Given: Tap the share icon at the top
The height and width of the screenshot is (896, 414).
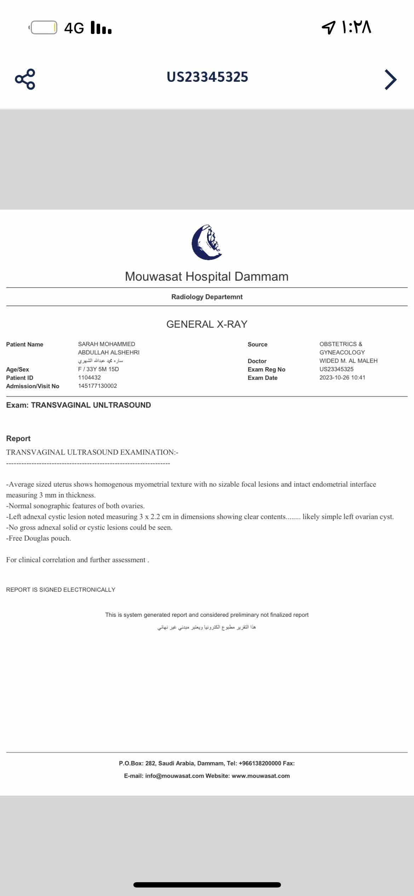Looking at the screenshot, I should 25,79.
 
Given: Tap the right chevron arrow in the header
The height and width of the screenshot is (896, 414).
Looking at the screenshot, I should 390,79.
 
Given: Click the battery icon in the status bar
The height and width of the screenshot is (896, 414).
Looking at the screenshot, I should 44,28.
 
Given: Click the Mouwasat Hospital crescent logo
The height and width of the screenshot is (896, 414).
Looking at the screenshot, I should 207,242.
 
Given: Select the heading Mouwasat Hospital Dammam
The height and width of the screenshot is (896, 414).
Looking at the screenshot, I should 207,276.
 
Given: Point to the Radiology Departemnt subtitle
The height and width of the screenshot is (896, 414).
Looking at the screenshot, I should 207,297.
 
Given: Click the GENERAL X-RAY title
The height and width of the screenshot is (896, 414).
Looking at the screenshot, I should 207,324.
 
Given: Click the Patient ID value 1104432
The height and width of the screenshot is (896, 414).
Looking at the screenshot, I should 89,378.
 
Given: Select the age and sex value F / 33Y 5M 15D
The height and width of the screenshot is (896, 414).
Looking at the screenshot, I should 98,369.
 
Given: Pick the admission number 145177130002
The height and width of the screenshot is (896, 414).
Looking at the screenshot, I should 97,386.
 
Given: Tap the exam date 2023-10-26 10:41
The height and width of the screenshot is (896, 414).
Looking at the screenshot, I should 342,378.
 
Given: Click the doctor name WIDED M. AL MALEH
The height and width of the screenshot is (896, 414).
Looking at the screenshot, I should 348,361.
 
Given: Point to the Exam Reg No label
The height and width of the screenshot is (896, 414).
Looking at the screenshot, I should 266,369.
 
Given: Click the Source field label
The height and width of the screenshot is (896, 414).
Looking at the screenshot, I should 257,344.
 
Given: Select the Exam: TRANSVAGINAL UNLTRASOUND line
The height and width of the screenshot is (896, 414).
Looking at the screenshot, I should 79,405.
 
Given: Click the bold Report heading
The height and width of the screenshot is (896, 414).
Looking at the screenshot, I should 18,438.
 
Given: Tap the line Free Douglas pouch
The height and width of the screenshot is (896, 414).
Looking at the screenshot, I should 39,538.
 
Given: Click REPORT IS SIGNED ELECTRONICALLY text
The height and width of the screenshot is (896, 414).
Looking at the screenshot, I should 61,590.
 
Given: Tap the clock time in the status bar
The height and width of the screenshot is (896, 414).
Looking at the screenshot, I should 356,27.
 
